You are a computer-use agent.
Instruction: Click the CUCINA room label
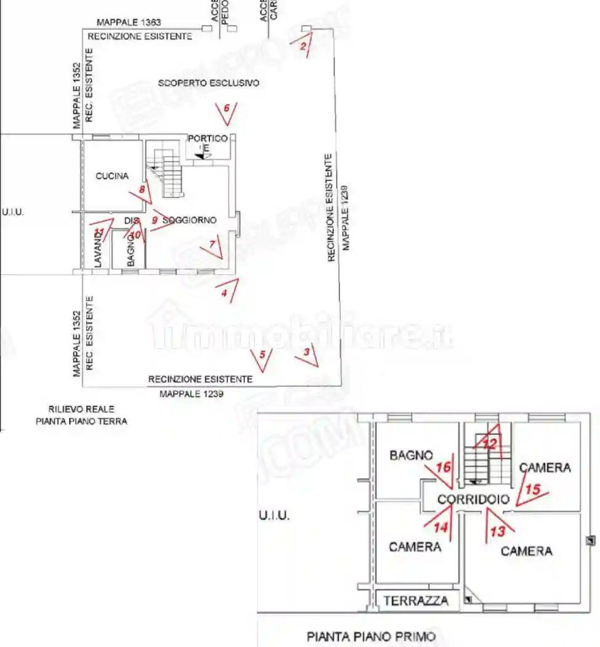(x=112, y=176)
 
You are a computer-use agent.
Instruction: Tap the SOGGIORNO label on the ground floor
(x=189, y=220)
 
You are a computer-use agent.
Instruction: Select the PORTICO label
(x=208, y=139)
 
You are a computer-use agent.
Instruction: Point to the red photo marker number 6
(x=226, y=108)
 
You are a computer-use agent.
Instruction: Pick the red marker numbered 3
(x=306, y=353)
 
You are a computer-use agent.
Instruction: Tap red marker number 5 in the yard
(x=262, y=354)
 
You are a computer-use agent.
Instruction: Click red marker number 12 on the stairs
(x=489, y=443)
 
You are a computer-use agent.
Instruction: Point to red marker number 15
(x=533, y=489)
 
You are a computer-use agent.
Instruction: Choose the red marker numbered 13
(x=497, y=531)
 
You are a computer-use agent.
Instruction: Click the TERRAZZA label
(x=416, y=600)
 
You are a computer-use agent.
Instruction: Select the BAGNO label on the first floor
(x=411, y=455)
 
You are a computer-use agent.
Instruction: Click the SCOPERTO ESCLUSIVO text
(x=208, y=83)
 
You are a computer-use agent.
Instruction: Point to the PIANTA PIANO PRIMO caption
(x=371, y=636)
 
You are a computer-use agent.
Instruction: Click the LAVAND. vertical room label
(x=98, y=249)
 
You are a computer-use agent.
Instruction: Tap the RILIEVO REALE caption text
(x=81, y=409)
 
